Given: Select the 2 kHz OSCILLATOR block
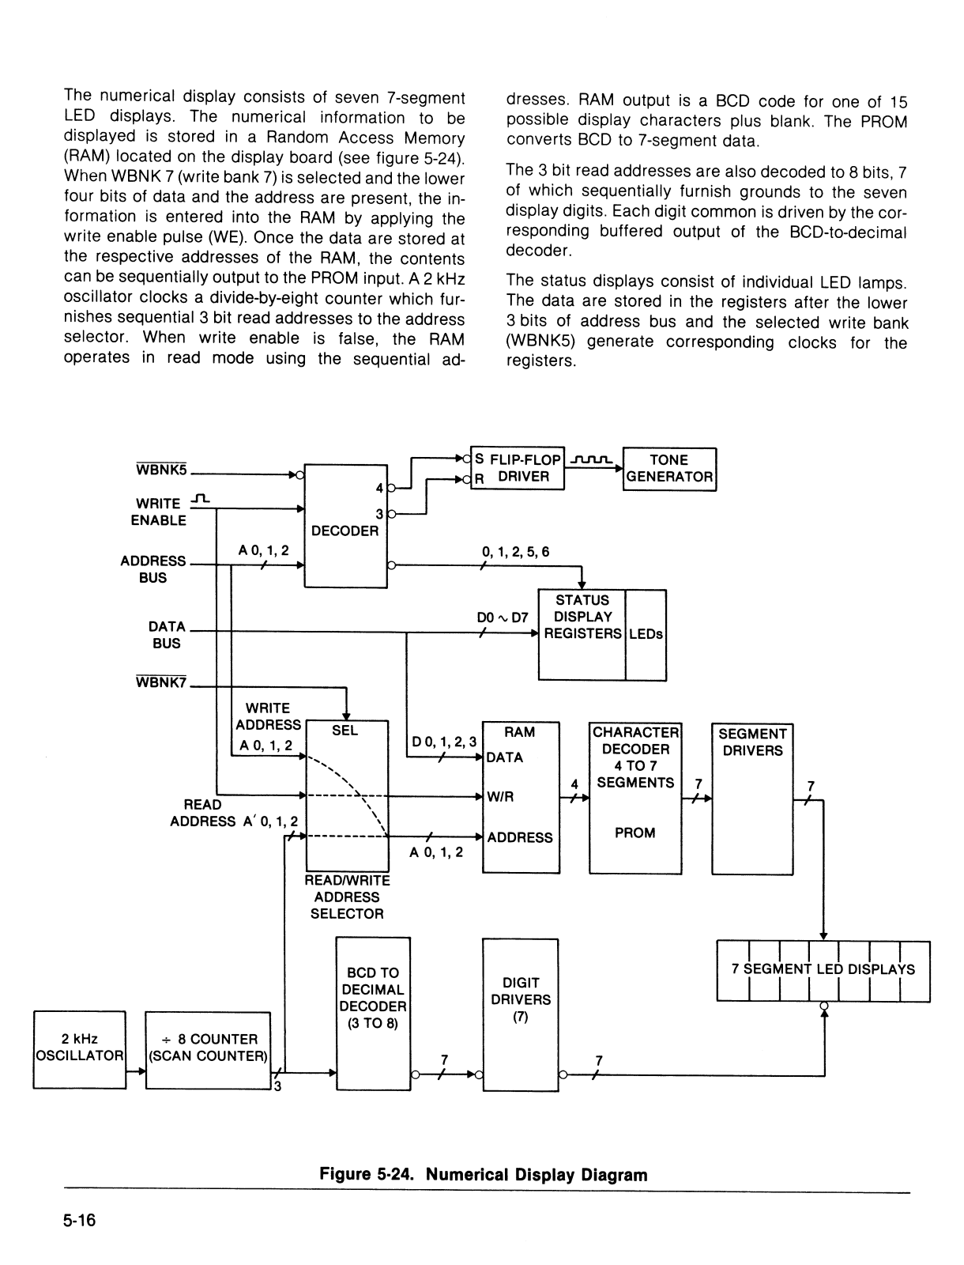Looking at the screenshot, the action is tap(80, 1049).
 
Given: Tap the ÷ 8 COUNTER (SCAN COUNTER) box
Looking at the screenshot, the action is tap(208, 1050).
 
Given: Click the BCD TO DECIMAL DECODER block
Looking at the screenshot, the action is tap(373, 1014).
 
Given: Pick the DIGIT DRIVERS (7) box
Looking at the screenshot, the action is tap(521, 1015).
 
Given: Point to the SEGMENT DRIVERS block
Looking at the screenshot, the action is tap(752, 799).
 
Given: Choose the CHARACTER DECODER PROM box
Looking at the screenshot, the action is tap(635, 799).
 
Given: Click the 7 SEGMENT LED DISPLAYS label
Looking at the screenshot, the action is tap(823, 969).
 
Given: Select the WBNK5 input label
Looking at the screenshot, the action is tap(161, 469).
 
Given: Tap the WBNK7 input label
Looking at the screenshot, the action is tap(161, 682).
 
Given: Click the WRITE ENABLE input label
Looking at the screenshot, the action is tap(158, 512).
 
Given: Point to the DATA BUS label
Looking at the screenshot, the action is tap(167, 635).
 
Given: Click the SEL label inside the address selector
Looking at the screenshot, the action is tap(345, 731).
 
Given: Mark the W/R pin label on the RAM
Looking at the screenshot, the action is tap(500, 796).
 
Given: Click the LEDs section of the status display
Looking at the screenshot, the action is tap(646, 635).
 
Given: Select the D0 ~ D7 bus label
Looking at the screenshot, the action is tap(503, 617).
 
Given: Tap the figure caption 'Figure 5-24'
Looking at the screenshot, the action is tap(367, 1175).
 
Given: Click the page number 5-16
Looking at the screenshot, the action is tap(80, 1220).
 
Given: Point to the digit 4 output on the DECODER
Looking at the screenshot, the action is tap(379, 488).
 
